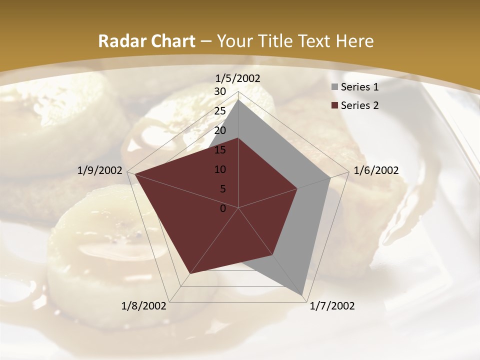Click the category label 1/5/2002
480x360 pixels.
(x=238, y=78)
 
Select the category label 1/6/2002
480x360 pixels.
(x=376, y=170)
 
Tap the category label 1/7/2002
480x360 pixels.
(x=332, y=306)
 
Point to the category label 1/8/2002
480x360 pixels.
(x=144, y=306)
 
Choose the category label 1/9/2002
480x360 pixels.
(x=100, y=170)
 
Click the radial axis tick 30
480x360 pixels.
(x=220, y=91)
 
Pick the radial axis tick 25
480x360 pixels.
(x=220, y=111)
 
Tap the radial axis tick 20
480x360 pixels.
(x=220, y=130)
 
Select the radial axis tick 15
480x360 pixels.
(x=220, y=150)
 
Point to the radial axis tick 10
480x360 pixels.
(x=220, y=169)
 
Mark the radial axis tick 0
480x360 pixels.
(x=223, y=208)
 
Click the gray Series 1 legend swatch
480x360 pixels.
(x=334, y=87)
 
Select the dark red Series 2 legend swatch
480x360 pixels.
(x=334, y=105)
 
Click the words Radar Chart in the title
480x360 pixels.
(x=146, y=41)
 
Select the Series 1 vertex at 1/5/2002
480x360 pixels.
(x=238, y=99)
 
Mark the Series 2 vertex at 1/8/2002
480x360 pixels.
(x=190, y=273)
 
